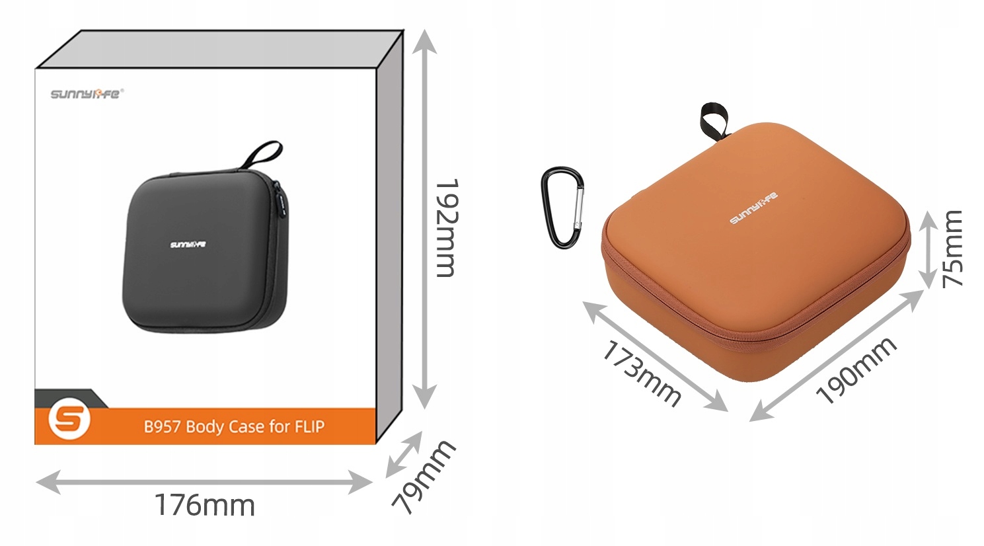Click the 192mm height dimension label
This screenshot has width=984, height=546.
447,228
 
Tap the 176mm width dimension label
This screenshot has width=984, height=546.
205,506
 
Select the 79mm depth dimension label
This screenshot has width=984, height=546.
423,476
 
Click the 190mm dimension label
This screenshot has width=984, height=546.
856,370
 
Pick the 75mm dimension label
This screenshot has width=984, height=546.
953,249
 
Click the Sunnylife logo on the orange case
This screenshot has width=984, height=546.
753,208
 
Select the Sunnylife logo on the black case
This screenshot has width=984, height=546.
188,245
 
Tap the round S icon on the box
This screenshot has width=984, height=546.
69,420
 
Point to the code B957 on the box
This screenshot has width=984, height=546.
162,427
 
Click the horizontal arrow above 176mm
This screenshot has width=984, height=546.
205,482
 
